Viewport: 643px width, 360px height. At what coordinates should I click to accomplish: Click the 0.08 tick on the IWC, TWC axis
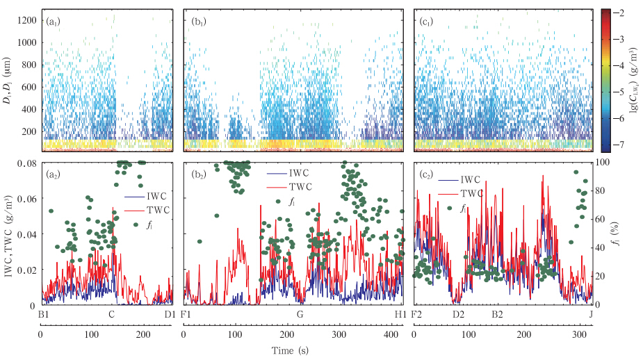coord(26,163)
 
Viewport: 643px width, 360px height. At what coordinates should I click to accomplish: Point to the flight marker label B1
coord(42,314)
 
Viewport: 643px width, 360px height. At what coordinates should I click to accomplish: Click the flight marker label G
coord(300,314)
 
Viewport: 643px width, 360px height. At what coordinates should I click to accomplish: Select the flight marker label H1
coord(400,314)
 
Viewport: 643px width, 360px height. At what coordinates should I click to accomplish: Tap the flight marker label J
coord(591,314)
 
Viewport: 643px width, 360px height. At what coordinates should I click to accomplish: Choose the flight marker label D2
coord(458,314)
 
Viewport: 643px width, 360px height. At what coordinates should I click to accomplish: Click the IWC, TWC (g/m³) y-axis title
coord(10,233)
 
